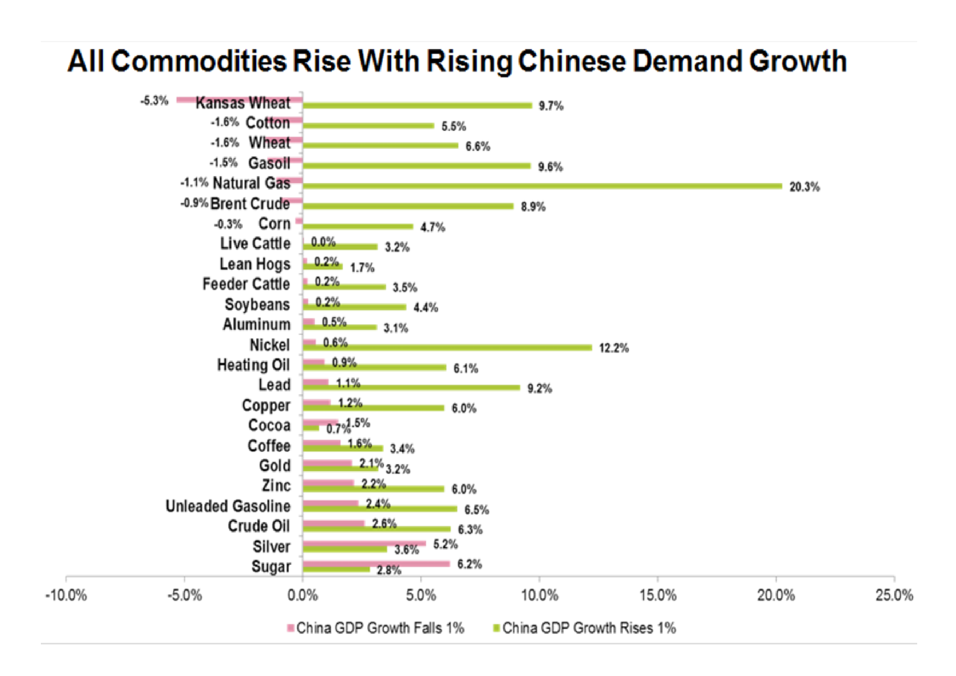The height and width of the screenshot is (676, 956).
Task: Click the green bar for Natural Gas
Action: click(541, 186)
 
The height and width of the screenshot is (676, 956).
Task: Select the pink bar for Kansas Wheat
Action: click(239, 99)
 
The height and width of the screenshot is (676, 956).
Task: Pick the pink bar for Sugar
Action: click(376, 564)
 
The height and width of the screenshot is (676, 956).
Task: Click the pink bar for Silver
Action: click(364, 543)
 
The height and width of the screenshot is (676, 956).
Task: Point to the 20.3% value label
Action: click(804, 187)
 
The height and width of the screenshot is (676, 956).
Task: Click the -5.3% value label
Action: click(154, 101)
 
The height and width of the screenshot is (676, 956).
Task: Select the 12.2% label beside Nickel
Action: click(613, 348)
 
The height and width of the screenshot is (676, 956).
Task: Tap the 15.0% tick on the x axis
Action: click(658, 595)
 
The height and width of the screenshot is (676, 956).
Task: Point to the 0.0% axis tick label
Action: click(302, 595)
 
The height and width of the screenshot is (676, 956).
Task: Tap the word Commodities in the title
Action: click(199, 61)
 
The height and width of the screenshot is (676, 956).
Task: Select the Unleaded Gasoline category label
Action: click(228, 506)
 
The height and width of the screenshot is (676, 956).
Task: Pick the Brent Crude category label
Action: click(250, 204)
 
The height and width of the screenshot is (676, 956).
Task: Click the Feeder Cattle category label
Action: click(246, 284)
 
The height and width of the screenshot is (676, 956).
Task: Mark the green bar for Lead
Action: click(411, 388)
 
